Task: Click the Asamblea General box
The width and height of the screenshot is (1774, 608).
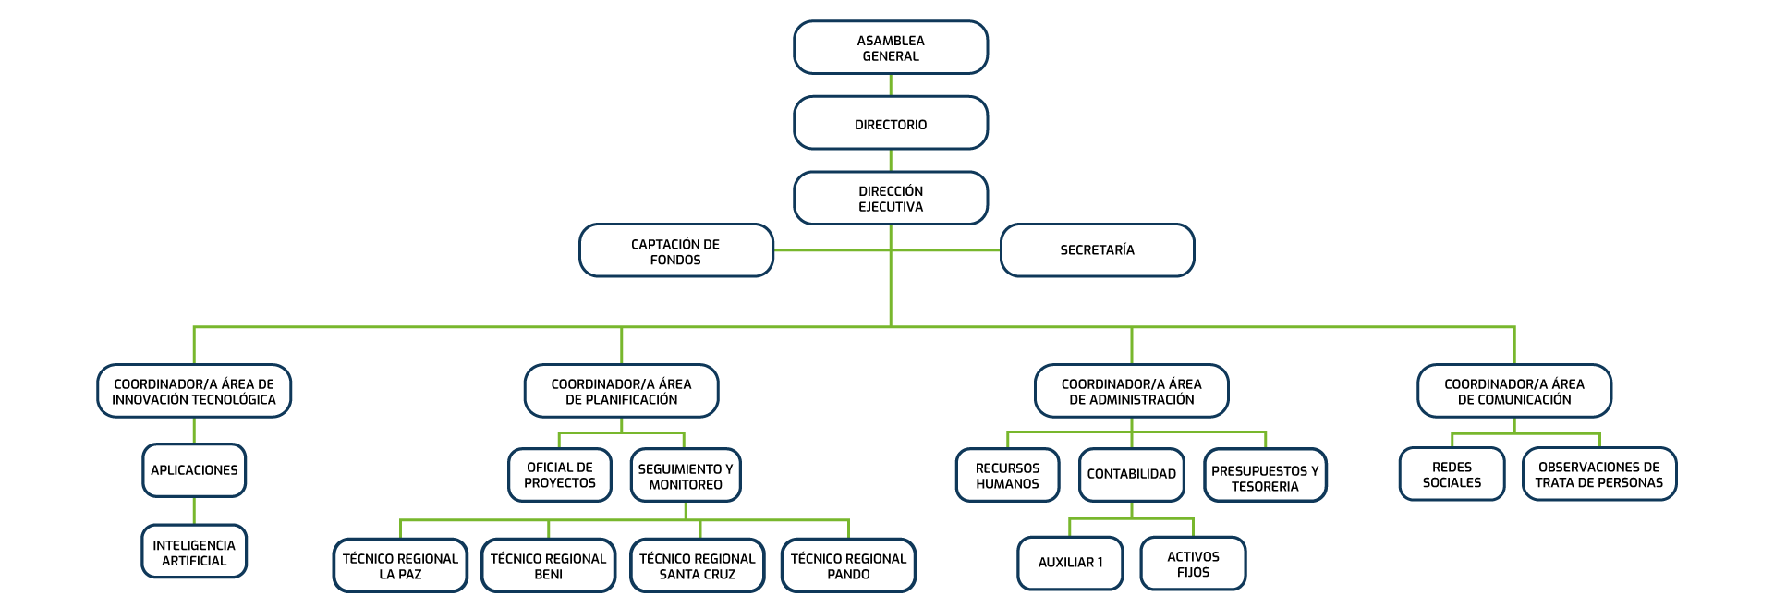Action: point(891,48)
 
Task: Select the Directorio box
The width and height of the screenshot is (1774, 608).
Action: point(891,124)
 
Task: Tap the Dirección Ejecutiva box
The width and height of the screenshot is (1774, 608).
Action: point(891,199)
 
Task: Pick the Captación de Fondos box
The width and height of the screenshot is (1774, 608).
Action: point(675,251)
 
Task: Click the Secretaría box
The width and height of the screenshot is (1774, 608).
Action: point(1097,250)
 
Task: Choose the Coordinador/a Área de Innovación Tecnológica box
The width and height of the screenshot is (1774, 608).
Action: point(194,392)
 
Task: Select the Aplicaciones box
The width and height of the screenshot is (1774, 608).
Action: point(194,470)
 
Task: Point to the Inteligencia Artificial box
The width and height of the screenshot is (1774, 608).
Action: point(194,553)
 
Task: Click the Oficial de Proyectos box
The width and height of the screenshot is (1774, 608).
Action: point(560,475)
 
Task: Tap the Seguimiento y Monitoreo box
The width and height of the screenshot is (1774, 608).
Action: point(686,476)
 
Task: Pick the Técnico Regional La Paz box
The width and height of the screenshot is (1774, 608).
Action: point(400,565)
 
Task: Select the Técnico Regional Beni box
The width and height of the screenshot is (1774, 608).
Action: point(548,565)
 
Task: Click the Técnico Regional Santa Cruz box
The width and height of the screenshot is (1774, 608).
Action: point(698,565)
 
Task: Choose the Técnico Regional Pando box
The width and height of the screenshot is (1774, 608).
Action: point(848,565)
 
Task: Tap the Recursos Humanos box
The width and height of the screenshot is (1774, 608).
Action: point(1007,476)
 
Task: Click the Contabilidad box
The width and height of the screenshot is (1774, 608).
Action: point(1131,474)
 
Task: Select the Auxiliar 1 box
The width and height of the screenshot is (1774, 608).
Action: point(1070,563)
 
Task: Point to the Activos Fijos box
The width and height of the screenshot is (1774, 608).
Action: point(1193,564)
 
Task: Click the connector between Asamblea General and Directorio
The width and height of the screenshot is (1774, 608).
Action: point(891,86)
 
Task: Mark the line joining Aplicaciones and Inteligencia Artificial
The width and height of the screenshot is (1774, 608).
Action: point(194,511)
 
